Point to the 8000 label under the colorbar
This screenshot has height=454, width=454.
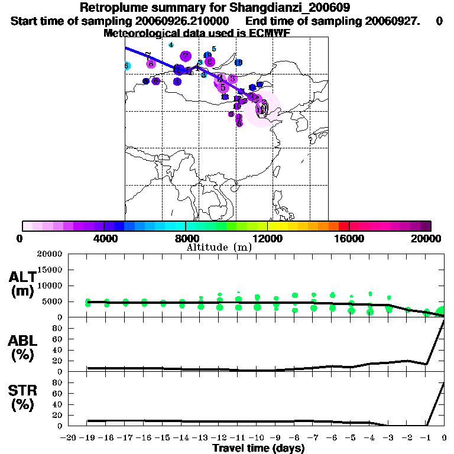(x=185, y=238)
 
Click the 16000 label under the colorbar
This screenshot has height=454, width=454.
(x=349, y=238)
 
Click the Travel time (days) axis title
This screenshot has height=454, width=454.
(x=258, y=449)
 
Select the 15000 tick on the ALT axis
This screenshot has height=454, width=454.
(x=49, y=270)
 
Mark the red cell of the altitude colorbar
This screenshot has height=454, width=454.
(x=343, y=226)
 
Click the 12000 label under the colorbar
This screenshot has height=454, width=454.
(x=267, y=238)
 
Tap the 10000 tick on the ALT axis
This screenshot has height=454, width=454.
(x=49, y=286)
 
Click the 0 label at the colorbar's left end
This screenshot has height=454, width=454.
(x=20, y=238)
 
